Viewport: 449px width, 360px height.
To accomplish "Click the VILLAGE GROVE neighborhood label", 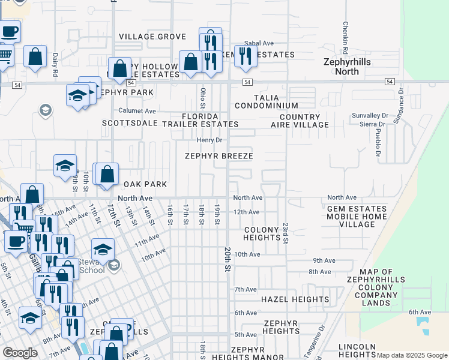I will [x=152, y=37].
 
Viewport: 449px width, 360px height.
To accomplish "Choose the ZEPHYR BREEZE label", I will [x=218, y=156].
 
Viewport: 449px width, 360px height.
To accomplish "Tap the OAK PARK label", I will [x=145, y=184].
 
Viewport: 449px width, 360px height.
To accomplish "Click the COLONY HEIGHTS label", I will [x=262, y=233].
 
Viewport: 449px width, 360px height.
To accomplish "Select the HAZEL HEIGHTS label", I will [x=295, y=299].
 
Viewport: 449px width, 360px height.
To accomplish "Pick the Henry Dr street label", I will [x=209, y=140].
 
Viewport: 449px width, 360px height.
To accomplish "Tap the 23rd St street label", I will [x=286, y=234].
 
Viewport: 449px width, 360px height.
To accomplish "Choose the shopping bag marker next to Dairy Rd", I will [x=35, y=57].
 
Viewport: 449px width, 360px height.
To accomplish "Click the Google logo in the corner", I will [x=20, y=353].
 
